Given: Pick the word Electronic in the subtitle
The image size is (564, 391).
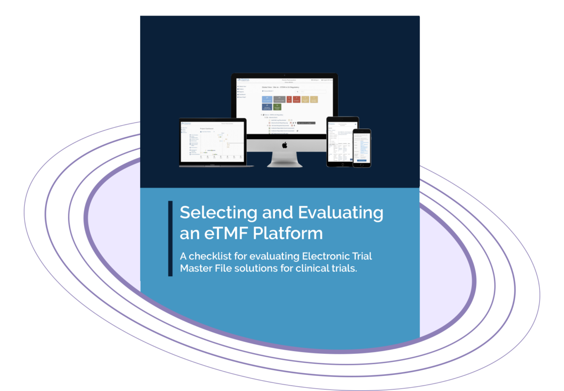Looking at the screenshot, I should click(x=326, y=257).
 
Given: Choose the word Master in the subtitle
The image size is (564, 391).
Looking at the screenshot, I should click(x=196, y=270).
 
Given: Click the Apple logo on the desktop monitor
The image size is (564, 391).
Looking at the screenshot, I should click(x=284, y=145).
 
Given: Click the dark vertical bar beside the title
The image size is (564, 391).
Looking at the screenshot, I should click(x=170, y=238).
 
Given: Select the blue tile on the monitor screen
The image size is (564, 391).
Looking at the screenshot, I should click(x=267, y=99).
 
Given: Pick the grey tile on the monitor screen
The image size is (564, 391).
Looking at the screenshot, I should click(x=279, y=99).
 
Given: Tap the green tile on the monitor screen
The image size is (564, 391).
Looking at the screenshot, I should click(x=277, y=107).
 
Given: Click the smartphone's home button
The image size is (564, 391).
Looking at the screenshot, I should click(x=362, y=164).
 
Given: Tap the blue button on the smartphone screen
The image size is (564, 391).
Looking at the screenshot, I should click(x=362, y=160).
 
